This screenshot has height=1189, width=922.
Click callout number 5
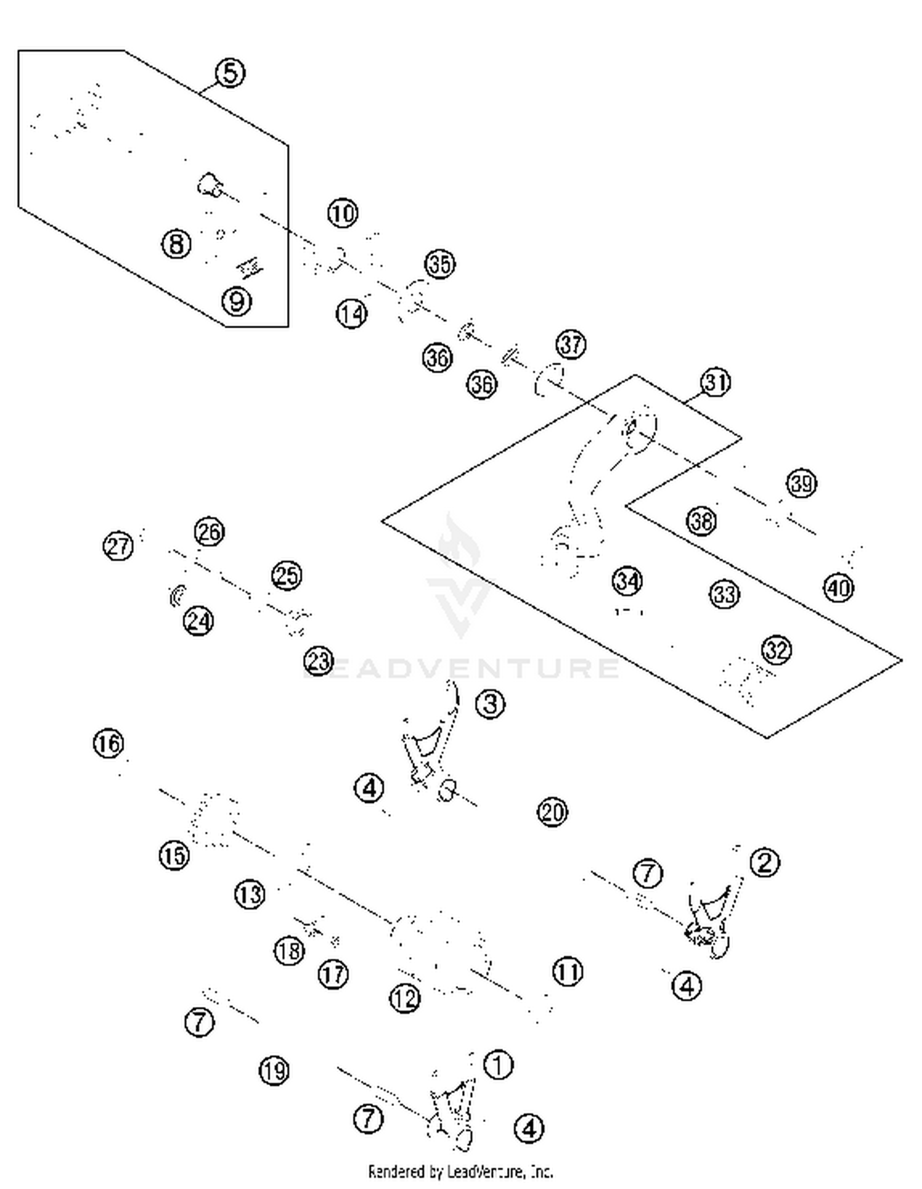(x=230, y=73)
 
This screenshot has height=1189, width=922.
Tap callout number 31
(x=715, y=382)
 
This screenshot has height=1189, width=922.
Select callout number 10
(x=342, y=213)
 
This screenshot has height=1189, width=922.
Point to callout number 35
(x=439, y=264)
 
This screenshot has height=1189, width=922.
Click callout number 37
(x=570, y=344)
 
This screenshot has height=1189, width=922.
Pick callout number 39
(x=802, y=484)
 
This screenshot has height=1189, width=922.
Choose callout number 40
(x=838, y=588)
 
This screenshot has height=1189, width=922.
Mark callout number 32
(x=776, y=650)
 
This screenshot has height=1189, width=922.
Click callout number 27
(x=118, y=546)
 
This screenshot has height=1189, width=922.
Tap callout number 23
(x=318, y=662)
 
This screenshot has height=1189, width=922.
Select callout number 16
(x=108, y=744)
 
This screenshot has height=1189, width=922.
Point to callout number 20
(x=552, y=812)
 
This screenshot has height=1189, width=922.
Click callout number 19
(x=274, y=1071)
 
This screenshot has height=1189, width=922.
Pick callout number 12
(x=404, y=998)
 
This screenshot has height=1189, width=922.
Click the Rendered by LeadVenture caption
(x=460, y=1171)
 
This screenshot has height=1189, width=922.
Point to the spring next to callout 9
(x=250, y=267)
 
